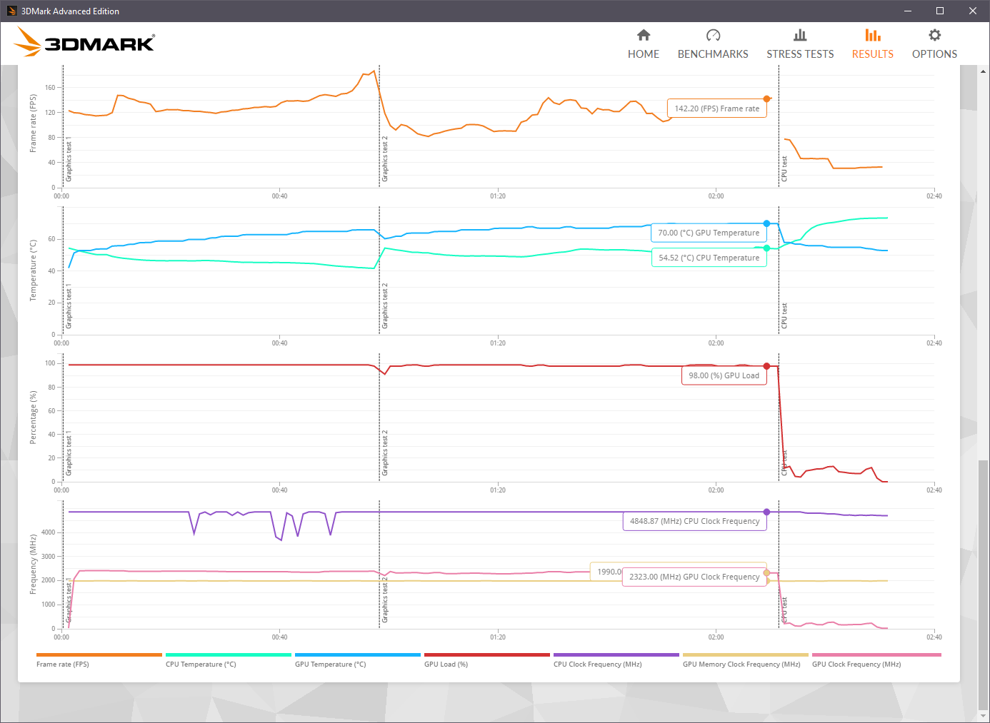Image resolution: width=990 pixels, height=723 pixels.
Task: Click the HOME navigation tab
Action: tap(643, 44)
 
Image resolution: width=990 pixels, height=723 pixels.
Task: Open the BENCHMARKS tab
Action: tap(712, 44)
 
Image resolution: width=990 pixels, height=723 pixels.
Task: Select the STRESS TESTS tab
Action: tap(800, 44)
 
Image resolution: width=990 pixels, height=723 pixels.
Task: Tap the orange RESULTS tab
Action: tap(872, 44)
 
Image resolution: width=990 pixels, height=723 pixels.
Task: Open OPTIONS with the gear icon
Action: tap(934, 44)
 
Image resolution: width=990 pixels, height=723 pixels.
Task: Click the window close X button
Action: tap(972, 11)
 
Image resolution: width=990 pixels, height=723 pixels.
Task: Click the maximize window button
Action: tap(940, 11)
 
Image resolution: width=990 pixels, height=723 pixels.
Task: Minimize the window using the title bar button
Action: tap(908, 11)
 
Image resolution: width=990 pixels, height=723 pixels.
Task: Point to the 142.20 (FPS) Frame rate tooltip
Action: tap(716, 108)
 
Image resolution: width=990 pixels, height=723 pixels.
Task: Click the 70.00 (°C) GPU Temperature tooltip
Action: tap(708, 233)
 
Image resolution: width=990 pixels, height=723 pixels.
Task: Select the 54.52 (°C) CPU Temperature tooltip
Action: tap(709, 258)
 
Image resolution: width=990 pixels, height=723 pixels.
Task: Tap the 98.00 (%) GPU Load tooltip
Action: tap(724, 375)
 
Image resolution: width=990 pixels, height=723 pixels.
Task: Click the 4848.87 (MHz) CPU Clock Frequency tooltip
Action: tap(694, 521)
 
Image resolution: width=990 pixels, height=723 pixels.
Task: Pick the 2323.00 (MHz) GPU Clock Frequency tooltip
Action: tap(694, 577)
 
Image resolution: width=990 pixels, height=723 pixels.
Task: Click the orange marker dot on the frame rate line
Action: tap(766, 98)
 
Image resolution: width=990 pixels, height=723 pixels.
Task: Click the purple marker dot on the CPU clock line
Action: tap(766, 512)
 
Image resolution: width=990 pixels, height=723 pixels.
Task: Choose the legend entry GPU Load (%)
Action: tap(446, 664)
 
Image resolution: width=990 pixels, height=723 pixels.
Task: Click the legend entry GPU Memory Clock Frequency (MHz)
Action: tap(741, 664)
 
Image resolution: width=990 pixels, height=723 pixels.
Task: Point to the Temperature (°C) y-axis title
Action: tap(33, 271)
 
